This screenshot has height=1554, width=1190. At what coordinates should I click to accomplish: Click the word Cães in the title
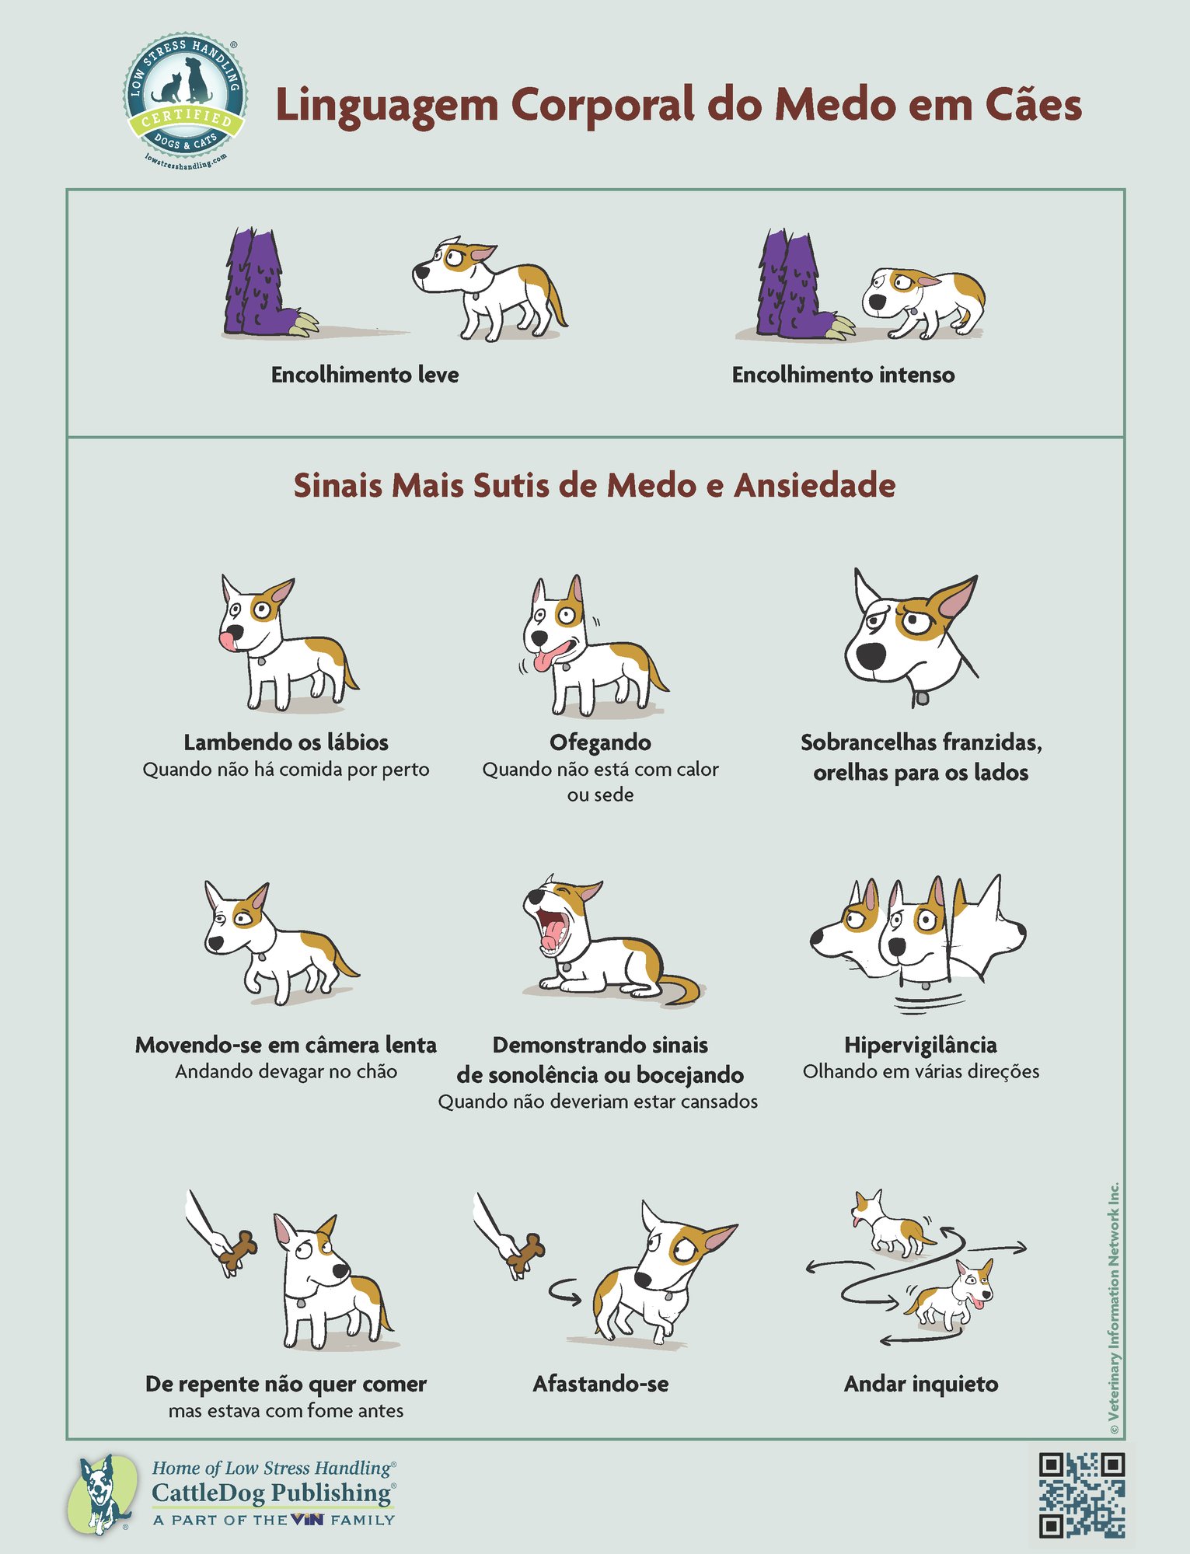(1033, 105)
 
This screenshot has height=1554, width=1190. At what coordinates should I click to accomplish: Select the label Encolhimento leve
(365, 375)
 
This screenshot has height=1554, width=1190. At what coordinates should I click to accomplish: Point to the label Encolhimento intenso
(843, 375)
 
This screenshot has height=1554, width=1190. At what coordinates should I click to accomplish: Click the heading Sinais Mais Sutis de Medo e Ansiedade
(595, 486)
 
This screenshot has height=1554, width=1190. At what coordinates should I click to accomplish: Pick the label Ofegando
(600, 742)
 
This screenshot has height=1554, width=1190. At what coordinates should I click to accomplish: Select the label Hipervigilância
(920, 1045)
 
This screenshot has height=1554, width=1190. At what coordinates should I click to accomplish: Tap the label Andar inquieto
(921, 1384)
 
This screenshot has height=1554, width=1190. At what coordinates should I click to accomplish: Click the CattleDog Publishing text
(271, 1493)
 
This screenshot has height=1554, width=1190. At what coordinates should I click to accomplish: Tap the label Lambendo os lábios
(286, 742)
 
